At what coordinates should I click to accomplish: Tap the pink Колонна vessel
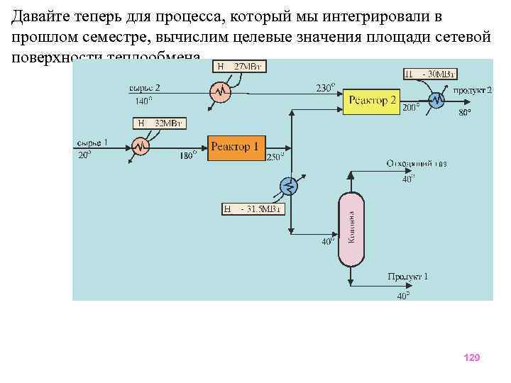tap(351, 229)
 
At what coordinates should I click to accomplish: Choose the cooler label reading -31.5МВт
tap(253, 209)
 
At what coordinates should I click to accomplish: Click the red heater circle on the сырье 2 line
tap(220, 91)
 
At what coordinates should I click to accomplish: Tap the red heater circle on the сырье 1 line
tap(141, 147)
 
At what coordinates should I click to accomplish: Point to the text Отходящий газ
tap(417, 164)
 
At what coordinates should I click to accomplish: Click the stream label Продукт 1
tap(407, 276)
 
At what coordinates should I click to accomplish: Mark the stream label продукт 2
tap(472, 89)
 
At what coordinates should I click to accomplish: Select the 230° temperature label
tap(325, 89)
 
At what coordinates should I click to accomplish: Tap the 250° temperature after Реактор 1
tap(275, 157)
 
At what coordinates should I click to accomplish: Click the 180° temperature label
tap(188, 155)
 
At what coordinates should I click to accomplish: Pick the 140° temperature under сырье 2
tap(143, 101)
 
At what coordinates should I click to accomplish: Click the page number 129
tap(471, 357)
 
